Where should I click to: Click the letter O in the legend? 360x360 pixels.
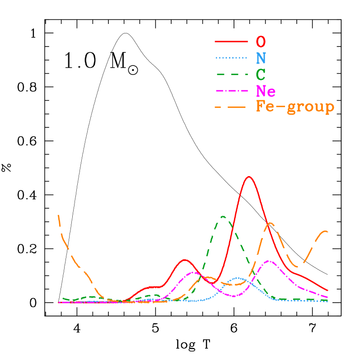coord(261,42)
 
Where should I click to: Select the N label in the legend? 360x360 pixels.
coord(261,58)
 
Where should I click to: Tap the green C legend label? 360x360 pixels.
coord(260,74)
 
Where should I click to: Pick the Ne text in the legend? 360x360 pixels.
coord(266,91)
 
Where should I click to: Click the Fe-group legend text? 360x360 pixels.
coord(295,108)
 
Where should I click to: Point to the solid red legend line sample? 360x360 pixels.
coord(231,42)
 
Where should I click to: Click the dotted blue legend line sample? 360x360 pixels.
coord(231,58)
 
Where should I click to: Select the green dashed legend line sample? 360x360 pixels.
coord(231,74)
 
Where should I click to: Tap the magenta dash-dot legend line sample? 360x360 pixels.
coord(231,91)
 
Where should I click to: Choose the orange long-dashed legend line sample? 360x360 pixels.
coord(231,108)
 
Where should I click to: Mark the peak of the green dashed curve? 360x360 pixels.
coord(223,216)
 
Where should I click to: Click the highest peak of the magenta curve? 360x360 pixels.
coord(269,261)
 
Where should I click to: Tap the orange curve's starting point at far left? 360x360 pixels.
coord(59,215)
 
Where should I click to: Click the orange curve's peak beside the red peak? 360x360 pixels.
coord(270,223)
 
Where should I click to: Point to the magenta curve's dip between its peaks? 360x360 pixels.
coord(234,296)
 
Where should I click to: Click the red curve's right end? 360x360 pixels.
coord(327,290)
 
